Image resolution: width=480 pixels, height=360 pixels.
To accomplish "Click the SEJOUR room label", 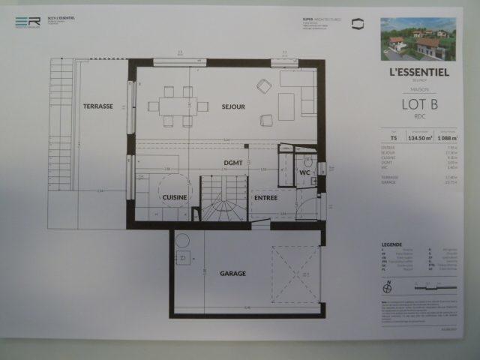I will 233,106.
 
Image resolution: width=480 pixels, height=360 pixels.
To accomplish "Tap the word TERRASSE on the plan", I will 97,106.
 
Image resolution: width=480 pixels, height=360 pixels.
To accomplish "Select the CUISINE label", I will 174,197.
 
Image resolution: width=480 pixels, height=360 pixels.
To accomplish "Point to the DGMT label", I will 232,163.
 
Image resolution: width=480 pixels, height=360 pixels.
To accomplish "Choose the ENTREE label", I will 265,198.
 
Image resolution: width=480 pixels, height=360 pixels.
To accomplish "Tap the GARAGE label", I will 232,274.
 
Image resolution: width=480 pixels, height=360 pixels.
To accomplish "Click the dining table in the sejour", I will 178,106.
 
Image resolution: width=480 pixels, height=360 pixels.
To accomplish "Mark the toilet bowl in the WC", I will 307,163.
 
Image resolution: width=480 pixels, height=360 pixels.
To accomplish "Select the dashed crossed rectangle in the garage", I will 295,274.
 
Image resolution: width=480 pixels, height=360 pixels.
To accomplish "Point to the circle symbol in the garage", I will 180,243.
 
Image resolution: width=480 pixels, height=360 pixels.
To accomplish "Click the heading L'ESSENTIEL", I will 419,73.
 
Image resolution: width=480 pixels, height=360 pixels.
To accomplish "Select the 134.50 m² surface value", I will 417,138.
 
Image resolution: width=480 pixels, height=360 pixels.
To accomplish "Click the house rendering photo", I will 418,39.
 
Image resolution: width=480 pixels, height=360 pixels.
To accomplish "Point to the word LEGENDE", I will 392,244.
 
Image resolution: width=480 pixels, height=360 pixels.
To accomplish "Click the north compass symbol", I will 386,286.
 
